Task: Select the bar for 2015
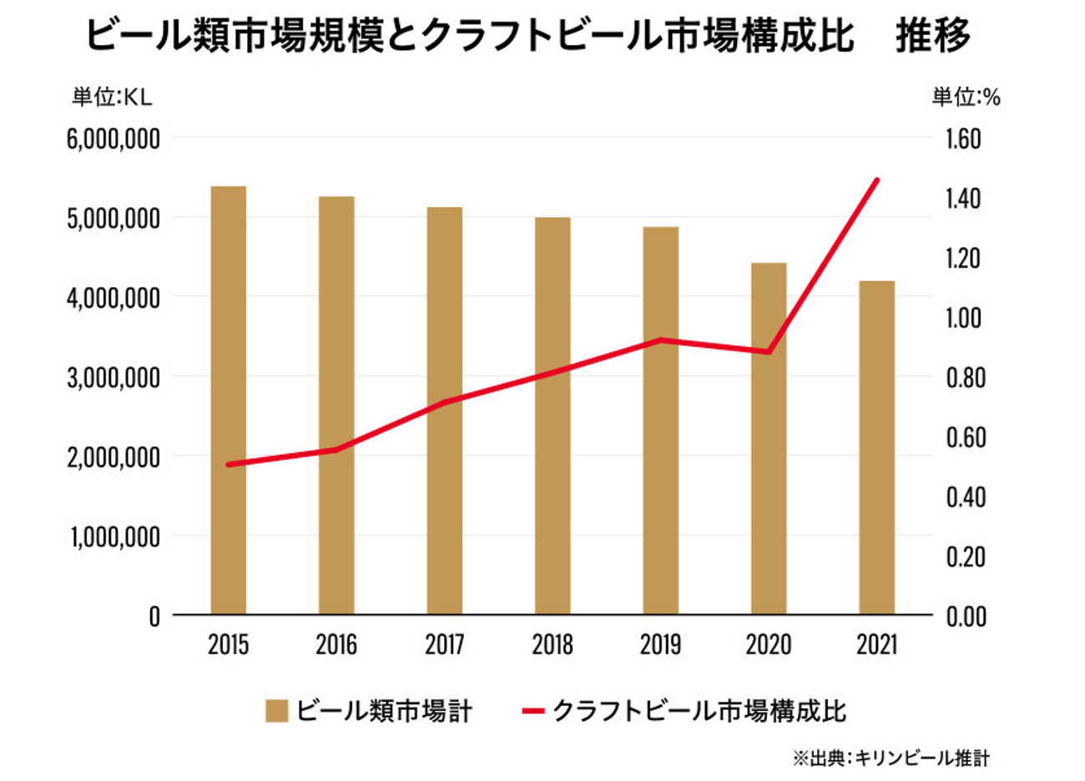point(229,401)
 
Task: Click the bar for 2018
point(553,416)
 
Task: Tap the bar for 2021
point(877,448)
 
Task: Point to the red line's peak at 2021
point(876,180)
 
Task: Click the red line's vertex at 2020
point(769,351)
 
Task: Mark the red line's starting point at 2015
point(229,465)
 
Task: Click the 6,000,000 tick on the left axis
point(114,139)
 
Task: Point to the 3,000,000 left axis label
point(114,378)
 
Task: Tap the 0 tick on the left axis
point(154,617)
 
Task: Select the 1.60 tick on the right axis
point(964,139)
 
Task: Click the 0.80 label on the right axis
point(966,378)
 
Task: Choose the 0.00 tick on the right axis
point(966,617)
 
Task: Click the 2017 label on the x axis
point(445,645)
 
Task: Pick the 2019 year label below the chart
point(661,645)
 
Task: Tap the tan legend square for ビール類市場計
point(276,711)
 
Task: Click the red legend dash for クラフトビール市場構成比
point(534,711)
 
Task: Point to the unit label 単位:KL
point(113,98)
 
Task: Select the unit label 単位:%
point(966,98)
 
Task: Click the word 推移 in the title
point(933,35)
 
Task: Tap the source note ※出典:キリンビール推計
point(891,758)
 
